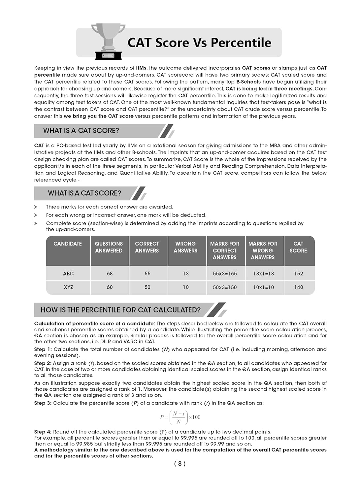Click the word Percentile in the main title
pyautogui.click(x=241, y=43)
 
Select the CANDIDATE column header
pyautogui.click(x=68, y=244)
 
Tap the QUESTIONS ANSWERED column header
pyautogui.click(x=109, y=247)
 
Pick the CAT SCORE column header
pyautogui.click(x=298, y=247)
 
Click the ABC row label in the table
pyautogui.click(x=68, y=274)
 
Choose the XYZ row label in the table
pyautogui.click(x=68, y=287)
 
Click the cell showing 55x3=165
pyautogui.click(x=225, y=274)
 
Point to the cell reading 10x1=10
pyautogui.click(x=263, y=287)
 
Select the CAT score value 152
pyautogui.click(x=299, y=274)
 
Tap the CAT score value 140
pyautogui.click(x=299, y=287)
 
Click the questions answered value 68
pyautogui.click(x=110, y=274)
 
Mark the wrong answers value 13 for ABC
pyautogui.click(x=186, y=274)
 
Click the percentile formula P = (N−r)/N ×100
pyautogui.click(x=180, y=417)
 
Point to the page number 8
pyautogui.click(x=180, y=464)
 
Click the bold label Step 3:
pyautogui.click(x=43, y=403)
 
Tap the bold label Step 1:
pyautogui.click(x=43, y=349)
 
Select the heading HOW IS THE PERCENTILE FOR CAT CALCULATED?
pyautogui.click(x=120, y=310)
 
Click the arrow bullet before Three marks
pyautogui.click(x=36, y=207)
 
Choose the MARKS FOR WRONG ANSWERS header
pyautogui.click(x=263, y=250)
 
